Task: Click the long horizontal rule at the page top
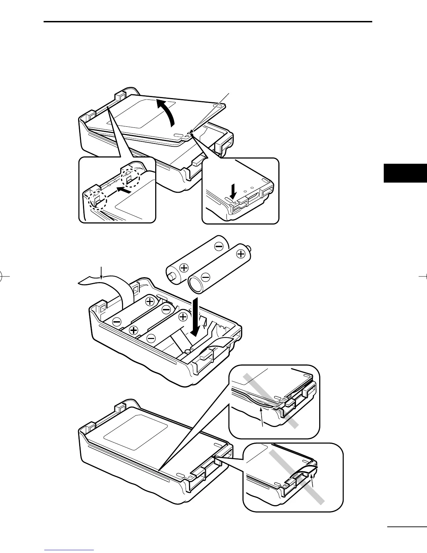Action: [x=208, y=22]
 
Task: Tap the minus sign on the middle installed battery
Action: [x=166, y=309]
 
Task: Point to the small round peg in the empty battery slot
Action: [x=187, y=351]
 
